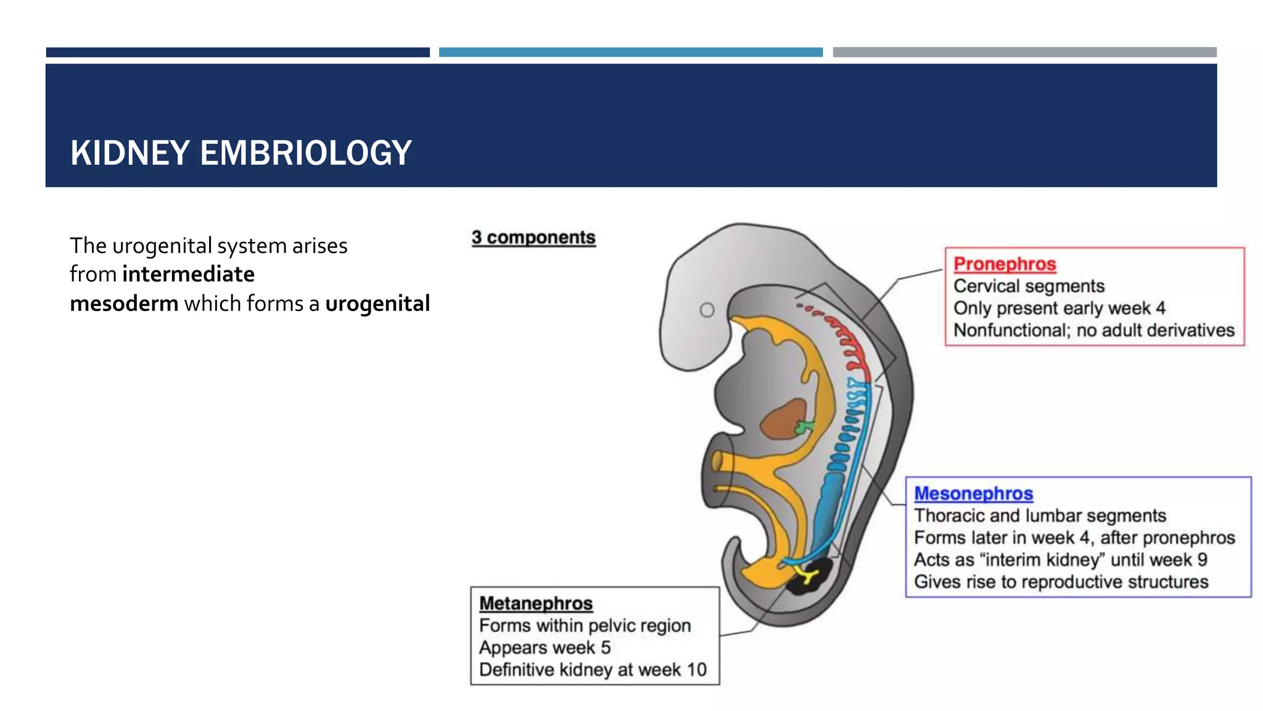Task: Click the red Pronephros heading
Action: click(x=1004, y=264)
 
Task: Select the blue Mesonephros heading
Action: click(x=973, y=494)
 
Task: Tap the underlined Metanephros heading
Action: click(x=535, y=604)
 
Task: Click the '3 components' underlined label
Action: click(x=533, y=238)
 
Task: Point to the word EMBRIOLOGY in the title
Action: click(x=305, y=153)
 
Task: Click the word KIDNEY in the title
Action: click(x=130, y=153)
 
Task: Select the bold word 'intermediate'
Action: click(x=188, y=274)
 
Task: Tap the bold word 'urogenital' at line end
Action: click(x=377, y=304)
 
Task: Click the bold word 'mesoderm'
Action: click(x=124, y=304)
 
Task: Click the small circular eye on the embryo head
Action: click(x=707, y=310)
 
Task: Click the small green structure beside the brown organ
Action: click(x=804, y=426)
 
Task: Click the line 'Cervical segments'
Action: click(x=1029, y=286)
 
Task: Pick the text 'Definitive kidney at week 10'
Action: click(x=593, y=670)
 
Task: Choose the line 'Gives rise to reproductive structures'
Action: click(x=1061, y=582)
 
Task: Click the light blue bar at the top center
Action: click(x=630, y=52)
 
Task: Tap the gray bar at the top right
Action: click(x=1024, y=52)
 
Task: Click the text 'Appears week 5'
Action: click(x=545, y=648)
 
